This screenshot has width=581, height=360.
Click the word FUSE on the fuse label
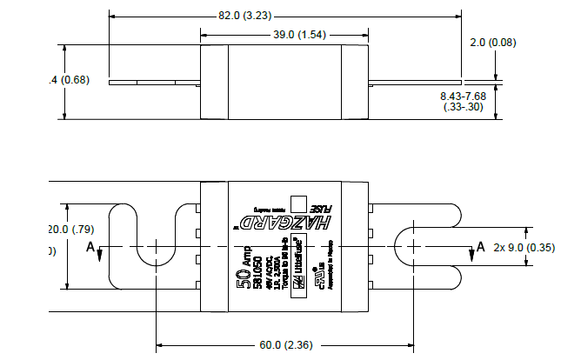point(319,209)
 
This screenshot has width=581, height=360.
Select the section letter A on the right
point(480,248)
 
